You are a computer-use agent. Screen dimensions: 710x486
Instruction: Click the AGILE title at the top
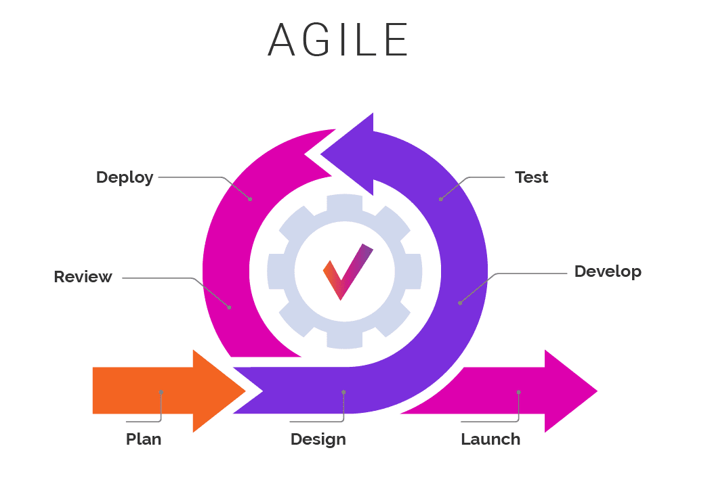[x=338, y=39]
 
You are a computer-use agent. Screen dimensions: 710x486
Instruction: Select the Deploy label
[x=125, y=177]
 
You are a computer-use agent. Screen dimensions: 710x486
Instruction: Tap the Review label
[x=83, y=276]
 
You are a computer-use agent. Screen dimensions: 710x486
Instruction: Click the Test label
[x=531, y=177]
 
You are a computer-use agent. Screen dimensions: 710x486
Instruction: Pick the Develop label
[x=608, y=271]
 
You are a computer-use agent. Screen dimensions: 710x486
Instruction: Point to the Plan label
[x=144, y=439]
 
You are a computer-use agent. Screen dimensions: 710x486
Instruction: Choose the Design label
[x=318, y=439]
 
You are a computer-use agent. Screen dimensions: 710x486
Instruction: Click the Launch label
[x=490, y=439]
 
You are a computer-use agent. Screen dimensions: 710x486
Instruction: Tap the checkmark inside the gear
[x=348, y=271]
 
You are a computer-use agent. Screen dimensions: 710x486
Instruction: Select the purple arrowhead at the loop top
[x=348, y=154]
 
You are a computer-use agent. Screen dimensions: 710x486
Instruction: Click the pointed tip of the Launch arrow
[x=598, y=391]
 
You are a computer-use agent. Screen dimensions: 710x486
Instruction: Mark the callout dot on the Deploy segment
[x=251, y=199]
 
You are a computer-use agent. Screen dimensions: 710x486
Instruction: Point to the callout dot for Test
[x=440, y=199]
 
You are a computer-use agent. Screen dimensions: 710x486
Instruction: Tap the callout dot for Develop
[x=460, y=303]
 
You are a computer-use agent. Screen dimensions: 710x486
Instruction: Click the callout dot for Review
[x=230, y=308]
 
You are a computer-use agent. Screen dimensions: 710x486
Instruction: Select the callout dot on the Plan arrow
[x=161, y=392]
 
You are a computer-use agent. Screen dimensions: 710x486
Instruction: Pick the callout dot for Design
[x=343, y=392]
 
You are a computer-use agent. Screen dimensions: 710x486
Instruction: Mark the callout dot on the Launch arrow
[x=518, y=392]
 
